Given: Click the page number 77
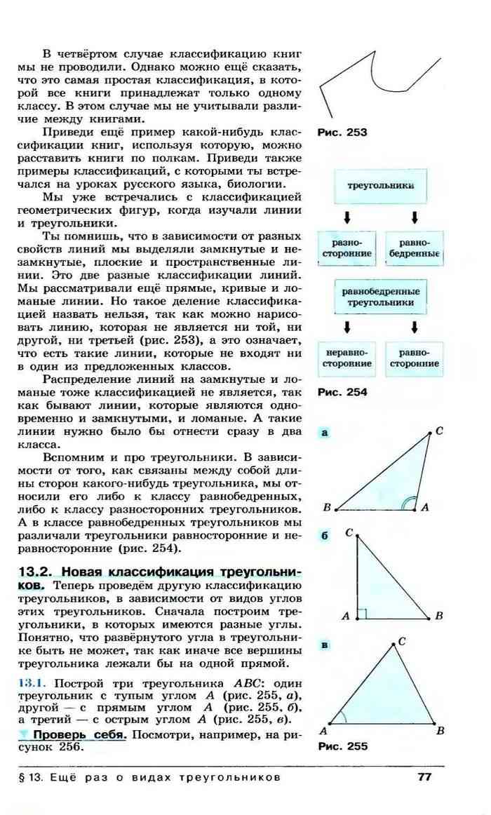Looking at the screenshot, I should pos(423,776).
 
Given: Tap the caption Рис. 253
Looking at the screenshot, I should pos(342,131).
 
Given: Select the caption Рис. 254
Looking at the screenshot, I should pos(342,393).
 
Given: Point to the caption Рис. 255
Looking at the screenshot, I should pos(342,746).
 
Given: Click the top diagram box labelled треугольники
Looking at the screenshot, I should pos(380,187).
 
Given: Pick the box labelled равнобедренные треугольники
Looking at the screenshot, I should pos(381,297).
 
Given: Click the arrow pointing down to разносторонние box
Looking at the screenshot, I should pos(347,217).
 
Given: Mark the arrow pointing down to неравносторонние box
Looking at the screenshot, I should pos(347,327).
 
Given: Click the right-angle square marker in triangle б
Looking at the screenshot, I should pos(362,614).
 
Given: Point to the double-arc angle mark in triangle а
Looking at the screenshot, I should pos(408,503).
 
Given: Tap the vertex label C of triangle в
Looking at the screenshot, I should pos(401,642).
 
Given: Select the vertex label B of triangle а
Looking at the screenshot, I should pos(327,507).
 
